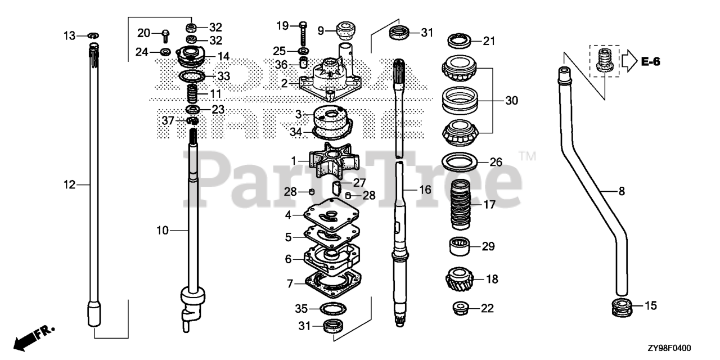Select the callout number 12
(69, 184)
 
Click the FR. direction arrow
(34, 337)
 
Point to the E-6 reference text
(651, 62)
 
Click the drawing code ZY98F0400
(669, 348)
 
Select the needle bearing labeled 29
(459, 246)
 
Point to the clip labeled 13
(93, 37)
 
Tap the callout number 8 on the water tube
(622, 191)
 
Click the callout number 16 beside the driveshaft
(425, 190)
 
